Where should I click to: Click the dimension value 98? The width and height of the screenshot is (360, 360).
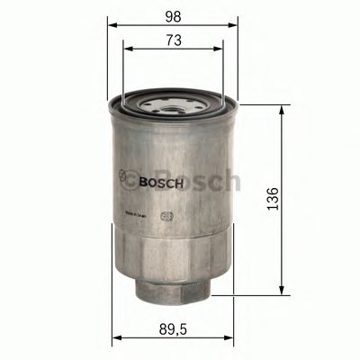point(173,16)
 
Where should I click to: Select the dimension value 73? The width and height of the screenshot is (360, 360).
point(173,41)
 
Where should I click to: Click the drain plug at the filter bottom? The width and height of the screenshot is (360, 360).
point(173,288)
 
